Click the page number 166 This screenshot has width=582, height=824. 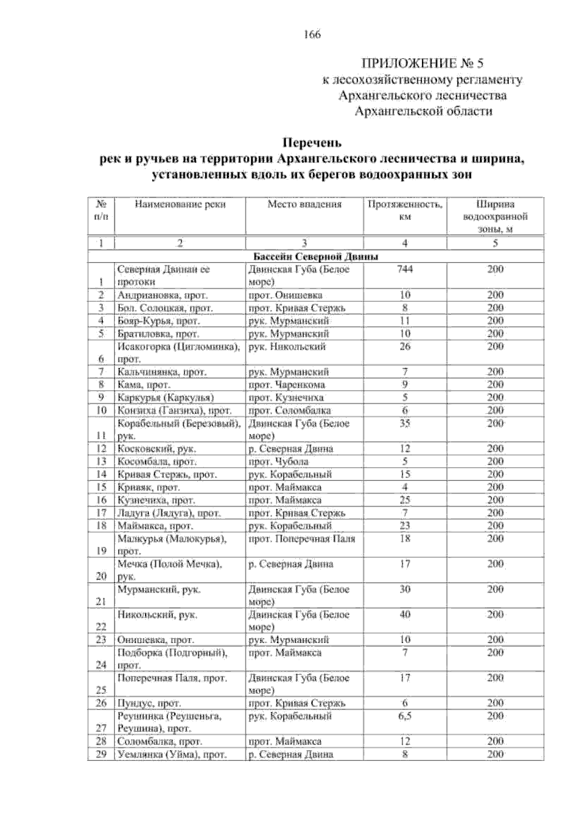(x=312, y=35)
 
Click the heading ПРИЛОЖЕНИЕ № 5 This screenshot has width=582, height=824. (x=422, y=64)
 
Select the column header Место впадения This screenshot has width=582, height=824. (x=304, y=205)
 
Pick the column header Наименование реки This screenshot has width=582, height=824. (x=180, y=205)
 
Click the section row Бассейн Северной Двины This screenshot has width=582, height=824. (x=315, y=257)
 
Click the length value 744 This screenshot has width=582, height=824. (x=404, y=269)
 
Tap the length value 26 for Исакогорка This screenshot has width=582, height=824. (x=404, y=346)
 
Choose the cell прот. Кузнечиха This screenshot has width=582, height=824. (x=286, y=398)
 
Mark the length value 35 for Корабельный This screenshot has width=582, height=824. (x=404, y=423)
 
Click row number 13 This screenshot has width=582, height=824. (x=101, y=461)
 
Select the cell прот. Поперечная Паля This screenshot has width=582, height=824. (x=301, y=539)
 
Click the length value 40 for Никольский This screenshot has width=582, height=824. (x=404, y=615)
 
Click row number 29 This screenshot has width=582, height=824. (x=101, y=755)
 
